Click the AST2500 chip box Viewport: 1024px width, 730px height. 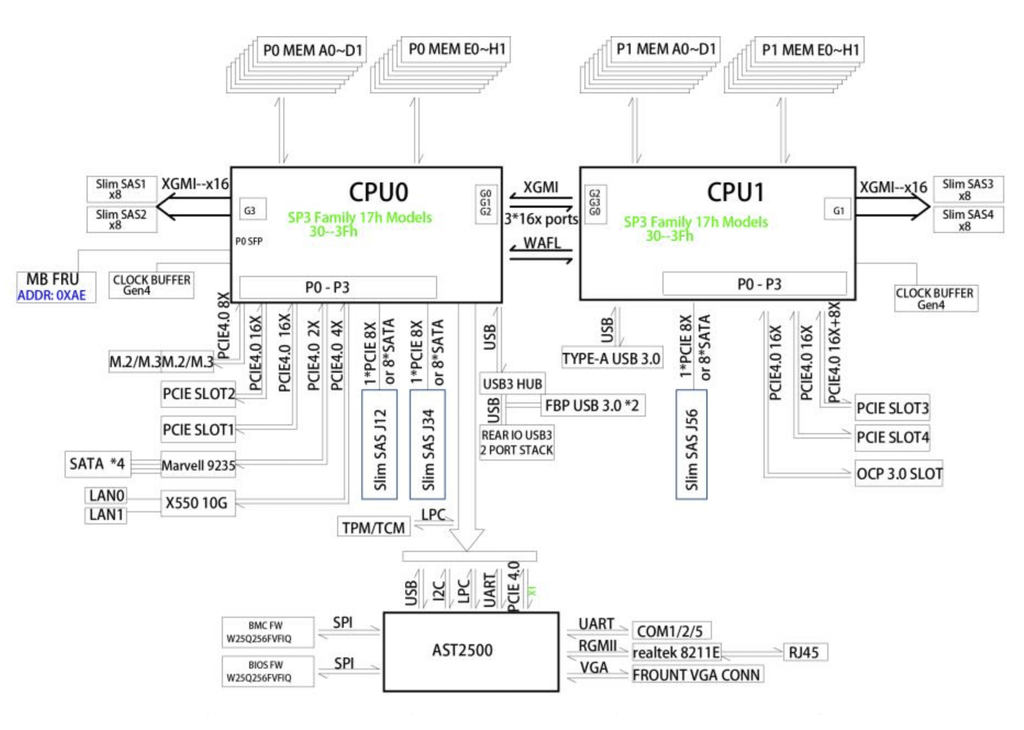(x=471, y=651)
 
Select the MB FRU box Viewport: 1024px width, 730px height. (x=56, y=287)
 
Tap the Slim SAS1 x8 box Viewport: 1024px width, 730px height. (x=122, y=189)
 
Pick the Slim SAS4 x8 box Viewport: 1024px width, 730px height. (x=969, y=219)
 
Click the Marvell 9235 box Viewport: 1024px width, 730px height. (x=198, y=465)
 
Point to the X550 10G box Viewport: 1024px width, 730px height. (x=198, y=503)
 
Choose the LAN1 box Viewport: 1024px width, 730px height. (x=106, y=515)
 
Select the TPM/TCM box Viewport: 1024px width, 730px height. (x=374, y=527)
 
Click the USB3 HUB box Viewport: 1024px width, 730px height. (x=512, y=384)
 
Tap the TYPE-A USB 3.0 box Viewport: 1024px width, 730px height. (x=612, y=358)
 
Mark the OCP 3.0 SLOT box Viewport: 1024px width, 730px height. (x=899, y=473)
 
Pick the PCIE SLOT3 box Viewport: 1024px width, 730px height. (x=892, y=408)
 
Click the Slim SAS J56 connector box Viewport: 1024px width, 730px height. (x=692, y=444)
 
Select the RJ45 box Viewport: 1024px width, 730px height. (x=806, y=652)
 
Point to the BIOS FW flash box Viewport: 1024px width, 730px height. (x=268, y=671)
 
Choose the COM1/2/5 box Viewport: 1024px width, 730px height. (x=671, y=631)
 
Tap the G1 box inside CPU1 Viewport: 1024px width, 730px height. (x=837, y=210)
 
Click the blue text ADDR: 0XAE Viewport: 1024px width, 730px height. (x=52, y=295)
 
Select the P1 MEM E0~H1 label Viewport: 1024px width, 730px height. (x=810, y=49)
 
